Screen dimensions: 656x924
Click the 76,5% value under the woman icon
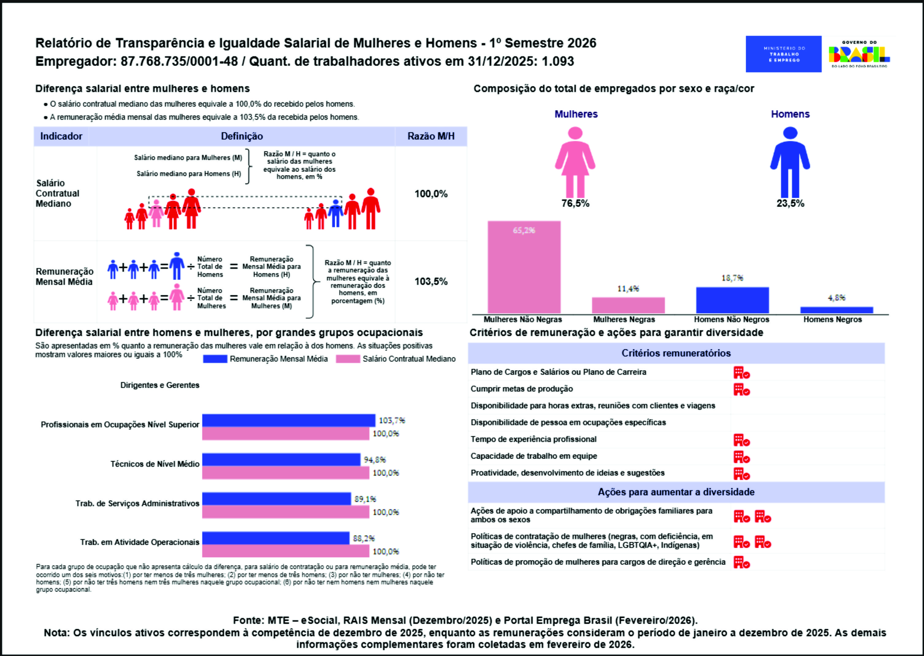575,203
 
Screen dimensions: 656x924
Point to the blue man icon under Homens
790,161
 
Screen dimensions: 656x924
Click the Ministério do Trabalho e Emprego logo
783,54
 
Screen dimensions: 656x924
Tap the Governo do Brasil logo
859,54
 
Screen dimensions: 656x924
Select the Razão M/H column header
431,136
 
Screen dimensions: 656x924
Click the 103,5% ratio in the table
431,281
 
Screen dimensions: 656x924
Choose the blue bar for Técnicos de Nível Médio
281,459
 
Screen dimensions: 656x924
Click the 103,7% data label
391,420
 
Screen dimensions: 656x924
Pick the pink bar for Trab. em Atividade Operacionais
285,551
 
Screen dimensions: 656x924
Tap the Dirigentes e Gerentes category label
160,385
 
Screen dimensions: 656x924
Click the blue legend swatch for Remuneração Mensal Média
215,359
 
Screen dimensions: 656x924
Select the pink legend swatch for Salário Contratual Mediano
348,359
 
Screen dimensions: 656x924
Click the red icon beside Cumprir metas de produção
741,390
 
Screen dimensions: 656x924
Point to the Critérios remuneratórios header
676,353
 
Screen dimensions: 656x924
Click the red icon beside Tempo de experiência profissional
741,440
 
